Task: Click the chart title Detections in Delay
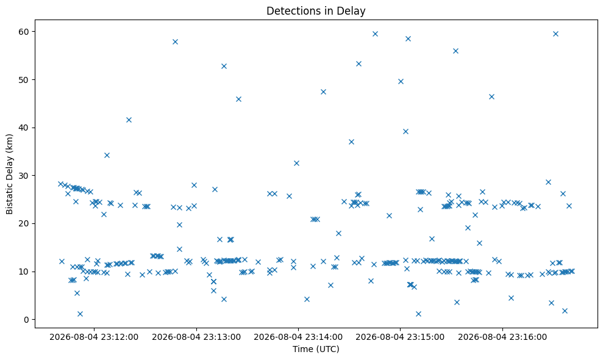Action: [x=316, y=11]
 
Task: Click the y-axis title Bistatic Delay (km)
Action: [x=9, y=174]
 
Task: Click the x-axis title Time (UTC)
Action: [x=316, y=349]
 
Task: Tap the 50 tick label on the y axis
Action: [x=24, y=80]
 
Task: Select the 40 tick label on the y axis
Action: [x=24, y=128]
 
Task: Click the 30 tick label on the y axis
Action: [x=24, y=176]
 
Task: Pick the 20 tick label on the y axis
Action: [x=24, y=224]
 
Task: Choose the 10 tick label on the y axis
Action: [x=24, y=272]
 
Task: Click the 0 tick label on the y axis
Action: [x=27, y=320]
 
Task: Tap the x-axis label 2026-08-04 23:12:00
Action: [x=94, y=337]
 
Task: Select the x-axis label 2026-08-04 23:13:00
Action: [x=196, y=337]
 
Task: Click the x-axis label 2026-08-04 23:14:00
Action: [x=298, y=337]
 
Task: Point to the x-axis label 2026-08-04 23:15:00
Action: [x=400, y=337]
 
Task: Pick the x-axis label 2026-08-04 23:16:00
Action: [x=502, y=337]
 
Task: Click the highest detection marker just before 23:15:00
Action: [x=375, y=34]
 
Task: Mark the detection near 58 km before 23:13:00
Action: [x=175, y=41]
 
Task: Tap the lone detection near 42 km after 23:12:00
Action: [x=129, y=120]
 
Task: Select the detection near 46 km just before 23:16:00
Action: [x=491, y=96]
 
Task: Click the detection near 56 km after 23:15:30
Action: [x=455, y=51]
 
